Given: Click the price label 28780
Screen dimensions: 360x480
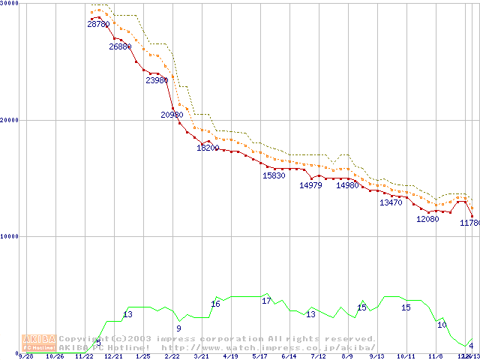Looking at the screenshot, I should (98, 25).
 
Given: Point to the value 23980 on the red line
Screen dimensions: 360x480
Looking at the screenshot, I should (157, 80).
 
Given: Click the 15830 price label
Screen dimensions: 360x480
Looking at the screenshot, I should (274, 175).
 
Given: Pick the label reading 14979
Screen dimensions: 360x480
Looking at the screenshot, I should (310, 185).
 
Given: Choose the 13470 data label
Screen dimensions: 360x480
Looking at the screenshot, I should (391, 202).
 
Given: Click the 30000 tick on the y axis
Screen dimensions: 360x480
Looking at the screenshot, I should (10, 4).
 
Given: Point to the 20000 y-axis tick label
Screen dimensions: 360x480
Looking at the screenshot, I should (10, 120).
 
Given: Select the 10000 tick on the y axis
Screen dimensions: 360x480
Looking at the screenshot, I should (10, 236).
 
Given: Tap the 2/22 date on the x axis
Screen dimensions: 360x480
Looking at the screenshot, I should (172, 356).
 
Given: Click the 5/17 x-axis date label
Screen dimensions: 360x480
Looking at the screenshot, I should (259, 356).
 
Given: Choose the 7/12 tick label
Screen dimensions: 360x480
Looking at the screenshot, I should (318, 356).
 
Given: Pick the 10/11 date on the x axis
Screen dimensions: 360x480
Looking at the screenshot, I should (406, 356).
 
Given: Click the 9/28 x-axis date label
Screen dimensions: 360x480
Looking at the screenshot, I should (25, 356).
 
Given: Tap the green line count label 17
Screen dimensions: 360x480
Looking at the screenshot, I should (266, 301).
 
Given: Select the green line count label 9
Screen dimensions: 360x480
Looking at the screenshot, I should (178, 328).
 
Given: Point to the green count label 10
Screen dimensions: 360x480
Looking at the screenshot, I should (442, 325).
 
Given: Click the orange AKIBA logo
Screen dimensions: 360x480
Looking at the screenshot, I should (39, 342).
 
